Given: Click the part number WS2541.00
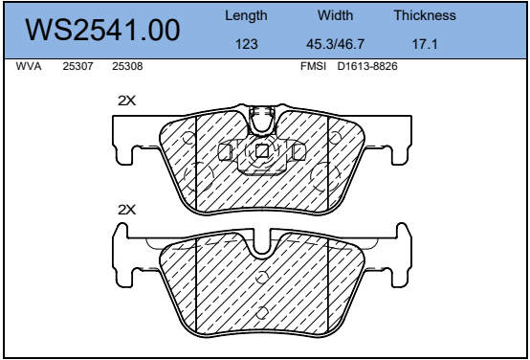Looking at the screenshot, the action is [102, 31].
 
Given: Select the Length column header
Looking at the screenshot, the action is [246, 16].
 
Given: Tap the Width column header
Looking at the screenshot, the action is [335, 15].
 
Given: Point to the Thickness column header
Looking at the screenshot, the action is [425, 15].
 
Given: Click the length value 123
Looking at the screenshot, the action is [247, 44].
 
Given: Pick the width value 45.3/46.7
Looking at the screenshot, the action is [335, 44].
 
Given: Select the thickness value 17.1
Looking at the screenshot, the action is [425, 44].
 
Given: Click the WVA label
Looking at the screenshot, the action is [29, 66].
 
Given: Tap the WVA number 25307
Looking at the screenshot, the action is [77, 66].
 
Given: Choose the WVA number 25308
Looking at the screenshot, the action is [127, 66].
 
